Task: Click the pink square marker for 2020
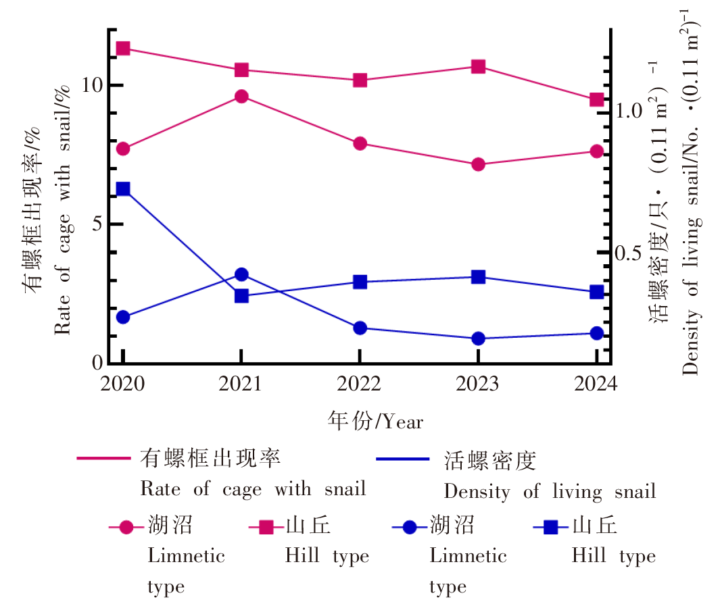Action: click(123, 48)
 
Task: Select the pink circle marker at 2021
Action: click(241, 96)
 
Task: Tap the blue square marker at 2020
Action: click(123, 188)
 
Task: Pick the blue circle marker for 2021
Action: click(241, 274)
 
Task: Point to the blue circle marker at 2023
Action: click(478, 338)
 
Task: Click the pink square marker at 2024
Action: click(596, 100)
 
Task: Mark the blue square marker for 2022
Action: click(360, 282)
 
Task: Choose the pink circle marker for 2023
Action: click(478, 164)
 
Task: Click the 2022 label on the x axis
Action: click(360, 384)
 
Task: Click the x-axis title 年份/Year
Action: click(375, 421)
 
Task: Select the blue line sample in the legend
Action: click(402, 459)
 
